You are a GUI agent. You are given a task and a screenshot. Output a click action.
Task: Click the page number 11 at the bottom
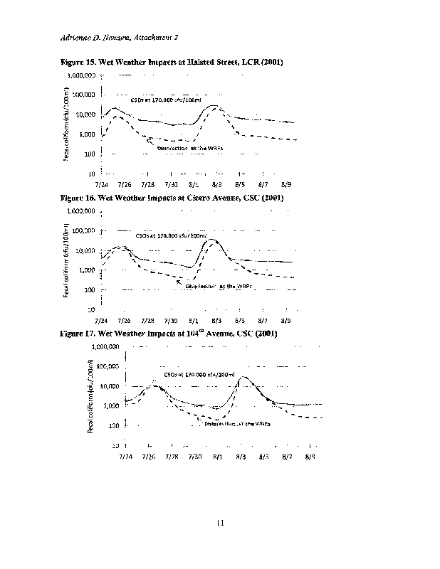click(220, 523)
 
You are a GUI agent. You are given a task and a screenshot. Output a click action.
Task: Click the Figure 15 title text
click(172, 63)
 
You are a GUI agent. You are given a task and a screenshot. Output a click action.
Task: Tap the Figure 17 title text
click(168, 333)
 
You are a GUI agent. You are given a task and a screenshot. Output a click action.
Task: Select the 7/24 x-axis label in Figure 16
click(102, 321)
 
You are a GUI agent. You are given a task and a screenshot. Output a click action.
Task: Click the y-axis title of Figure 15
click(66, 124)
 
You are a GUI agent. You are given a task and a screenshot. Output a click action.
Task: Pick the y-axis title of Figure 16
click(66, 261)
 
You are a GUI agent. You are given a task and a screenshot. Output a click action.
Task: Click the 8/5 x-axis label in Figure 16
click(240, 321)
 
